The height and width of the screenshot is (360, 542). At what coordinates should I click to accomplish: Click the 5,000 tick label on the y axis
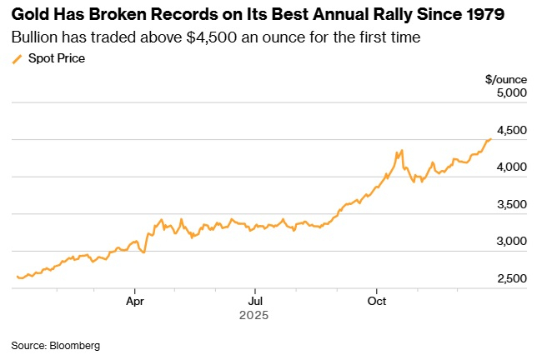pyautogui.click(x=511, y=93)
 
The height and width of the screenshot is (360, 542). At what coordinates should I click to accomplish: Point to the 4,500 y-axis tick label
pyautogui.click(x=511, y=130)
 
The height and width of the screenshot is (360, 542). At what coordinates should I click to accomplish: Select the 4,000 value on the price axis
pyautogui.click(x=511, y=167)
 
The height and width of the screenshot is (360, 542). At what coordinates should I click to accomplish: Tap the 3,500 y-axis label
pyautogui.click(x=511, y=204)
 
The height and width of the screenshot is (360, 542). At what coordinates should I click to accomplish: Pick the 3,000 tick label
pyautogui.click(x=511, y=241)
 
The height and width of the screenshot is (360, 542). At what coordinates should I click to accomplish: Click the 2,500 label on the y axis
pyautogui.click(x=511, y=278)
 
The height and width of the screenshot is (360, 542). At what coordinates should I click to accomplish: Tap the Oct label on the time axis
pyautogui.click(x=377, y=300)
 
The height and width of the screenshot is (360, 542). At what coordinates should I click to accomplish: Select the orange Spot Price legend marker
pyautogui.click(x=17, y=58)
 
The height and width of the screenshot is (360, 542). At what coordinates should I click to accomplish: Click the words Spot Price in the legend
pyautogui.click(x=57, y=58)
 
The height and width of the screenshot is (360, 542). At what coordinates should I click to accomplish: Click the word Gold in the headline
pyautogui.click(x=30, y=17)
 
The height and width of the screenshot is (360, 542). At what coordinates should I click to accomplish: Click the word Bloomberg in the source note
pyautogui.click(x=74, y=344)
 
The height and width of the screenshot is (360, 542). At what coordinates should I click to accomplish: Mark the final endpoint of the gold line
pyautogui.click(x=490, y=139)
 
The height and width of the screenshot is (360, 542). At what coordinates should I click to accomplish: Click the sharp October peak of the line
pyautogui.click(x=402, y=151)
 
